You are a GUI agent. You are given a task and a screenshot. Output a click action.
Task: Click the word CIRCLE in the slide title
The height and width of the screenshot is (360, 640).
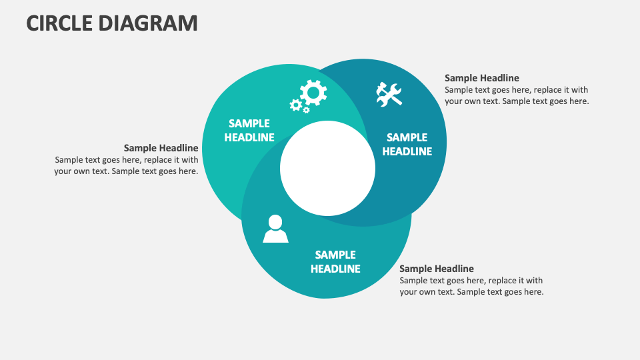click(x=59, y=23)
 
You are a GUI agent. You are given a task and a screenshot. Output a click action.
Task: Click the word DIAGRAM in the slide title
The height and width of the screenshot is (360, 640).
click(x=148, y=23)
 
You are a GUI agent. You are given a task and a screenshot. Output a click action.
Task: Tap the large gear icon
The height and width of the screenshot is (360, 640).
click(x=313, y=93)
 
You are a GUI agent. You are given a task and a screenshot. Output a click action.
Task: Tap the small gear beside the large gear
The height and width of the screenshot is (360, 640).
click(x=295, y=105)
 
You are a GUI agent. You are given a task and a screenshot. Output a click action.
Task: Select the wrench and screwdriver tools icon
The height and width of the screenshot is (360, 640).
click(x=389, y=94)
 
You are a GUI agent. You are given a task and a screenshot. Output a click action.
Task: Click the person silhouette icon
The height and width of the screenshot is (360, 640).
click(x=275, y=229)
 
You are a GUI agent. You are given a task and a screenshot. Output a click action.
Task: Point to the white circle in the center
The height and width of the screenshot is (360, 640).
click(x=327, y=168)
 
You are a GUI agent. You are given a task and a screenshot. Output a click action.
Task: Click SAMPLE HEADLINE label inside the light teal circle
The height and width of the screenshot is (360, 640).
click(x=249, y=131)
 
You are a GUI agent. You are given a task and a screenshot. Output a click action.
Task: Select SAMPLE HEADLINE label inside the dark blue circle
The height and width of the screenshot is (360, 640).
click(x=407, y=145)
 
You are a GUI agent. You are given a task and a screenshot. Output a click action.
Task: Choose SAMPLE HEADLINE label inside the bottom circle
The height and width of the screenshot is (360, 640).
click(x=335, y=262)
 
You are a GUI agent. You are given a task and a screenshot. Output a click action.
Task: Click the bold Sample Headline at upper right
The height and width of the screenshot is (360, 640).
click(x=481, y=78)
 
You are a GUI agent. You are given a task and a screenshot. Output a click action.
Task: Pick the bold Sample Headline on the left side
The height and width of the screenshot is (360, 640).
click(x=161, y=148)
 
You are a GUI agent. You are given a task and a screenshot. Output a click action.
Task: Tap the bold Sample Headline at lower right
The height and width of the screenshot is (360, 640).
click(x=437, y=269)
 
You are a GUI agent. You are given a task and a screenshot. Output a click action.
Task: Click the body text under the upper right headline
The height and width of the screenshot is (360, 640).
click(x=516, y=96)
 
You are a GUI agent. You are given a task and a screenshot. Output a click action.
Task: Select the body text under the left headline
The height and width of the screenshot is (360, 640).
click(x=127, y=165)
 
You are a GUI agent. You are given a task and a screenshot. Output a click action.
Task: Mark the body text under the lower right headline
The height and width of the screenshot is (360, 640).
click(x=471, y=287)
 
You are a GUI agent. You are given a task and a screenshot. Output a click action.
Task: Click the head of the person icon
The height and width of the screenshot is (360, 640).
click(x=275, y=222)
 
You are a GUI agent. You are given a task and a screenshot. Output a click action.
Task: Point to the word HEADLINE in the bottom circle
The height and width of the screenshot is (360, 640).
click(x=335, y=269)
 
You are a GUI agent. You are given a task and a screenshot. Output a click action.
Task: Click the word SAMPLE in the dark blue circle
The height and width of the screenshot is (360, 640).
click(x=407, y=137)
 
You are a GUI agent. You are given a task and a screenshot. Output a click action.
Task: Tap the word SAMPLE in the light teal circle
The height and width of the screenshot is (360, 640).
click(x=249, y=123)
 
